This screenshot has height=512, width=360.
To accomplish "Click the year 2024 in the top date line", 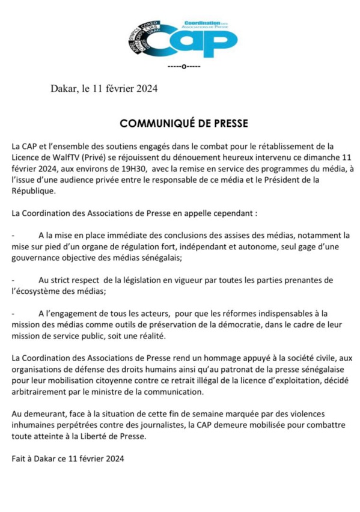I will (145, 90).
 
